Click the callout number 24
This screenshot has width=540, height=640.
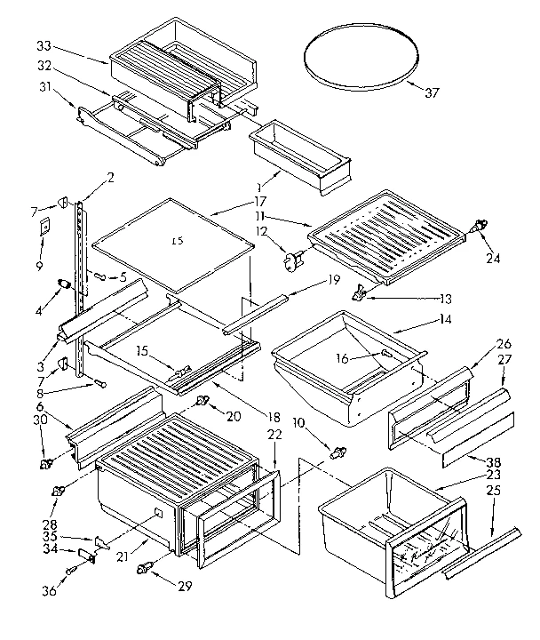[x=492, y=260]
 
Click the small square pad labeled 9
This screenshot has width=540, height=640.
[x=44, y=227]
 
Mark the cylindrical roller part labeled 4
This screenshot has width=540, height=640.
[x=63, y=284]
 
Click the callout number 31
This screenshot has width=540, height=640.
[x=44, y=85]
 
